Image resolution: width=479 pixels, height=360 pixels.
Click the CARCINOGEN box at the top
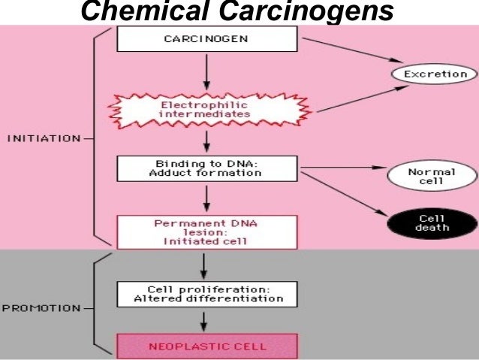point(206,38)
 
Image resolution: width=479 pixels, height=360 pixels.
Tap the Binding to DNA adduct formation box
point(206,168)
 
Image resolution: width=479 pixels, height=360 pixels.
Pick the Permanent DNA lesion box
point(206,231)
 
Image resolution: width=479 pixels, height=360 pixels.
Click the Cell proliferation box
point(206,293)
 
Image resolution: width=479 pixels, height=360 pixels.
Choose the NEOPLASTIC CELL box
point(206,346)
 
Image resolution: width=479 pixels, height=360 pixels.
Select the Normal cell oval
point(431,177)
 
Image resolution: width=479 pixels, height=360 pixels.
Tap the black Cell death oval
point(431,222)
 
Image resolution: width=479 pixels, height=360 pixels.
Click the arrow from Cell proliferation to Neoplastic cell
point(206,320)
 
